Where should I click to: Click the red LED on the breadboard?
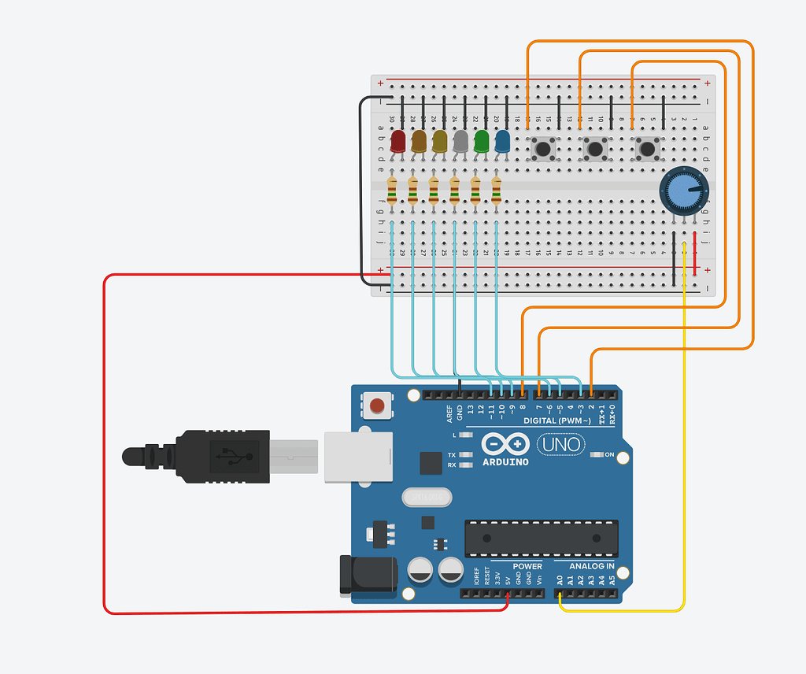(x=397, y=142)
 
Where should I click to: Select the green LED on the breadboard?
(x=482, y=142)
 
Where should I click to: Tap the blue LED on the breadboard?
(x=502, y=142)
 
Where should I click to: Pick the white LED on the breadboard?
(x=460, y=142)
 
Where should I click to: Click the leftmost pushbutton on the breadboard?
(x=542, y=147)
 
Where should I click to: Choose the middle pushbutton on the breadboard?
(x=595, y=147)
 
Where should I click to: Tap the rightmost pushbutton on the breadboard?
(x=647, y=147)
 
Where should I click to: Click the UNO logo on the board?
(x=560, y=445)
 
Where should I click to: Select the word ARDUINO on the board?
(x=505, y=461)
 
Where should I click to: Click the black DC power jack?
(x=367, y=574)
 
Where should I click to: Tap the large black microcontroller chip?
(x=540, y=538)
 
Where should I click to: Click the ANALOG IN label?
(x=592, y=566)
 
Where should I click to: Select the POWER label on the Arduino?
(x=527, y=566)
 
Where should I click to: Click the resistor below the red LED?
(x=392, y=191)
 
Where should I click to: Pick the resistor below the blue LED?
(x=497, y=191)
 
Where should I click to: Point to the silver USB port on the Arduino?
(x=358, y=454)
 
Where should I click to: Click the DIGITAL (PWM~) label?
(x=557, y=421)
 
